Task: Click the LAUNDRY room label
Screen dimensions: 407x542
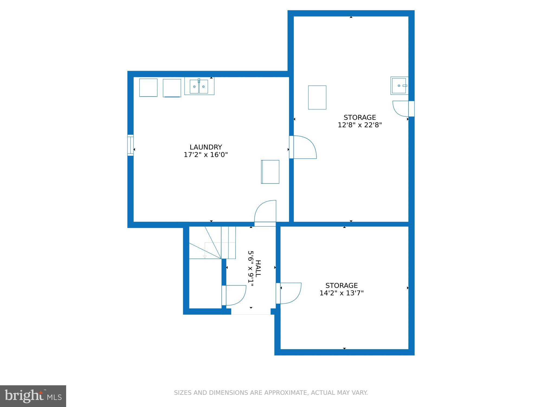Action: coord(206,147)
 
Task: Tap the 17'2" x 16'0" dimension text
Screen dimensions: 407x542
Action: coord(206,155)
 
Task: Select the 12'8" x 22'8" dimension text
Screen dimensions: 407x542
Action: coord(360,125)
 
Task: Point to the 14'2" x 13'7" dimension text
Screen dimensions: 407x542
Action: coord(341,293)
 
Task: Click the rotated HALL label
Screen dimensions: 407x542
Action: coord(258,269)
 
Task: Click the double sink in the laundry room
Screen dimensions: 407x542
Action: coord(199,86)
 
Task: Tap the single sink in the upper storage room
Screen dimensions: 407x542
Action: coord(399,86)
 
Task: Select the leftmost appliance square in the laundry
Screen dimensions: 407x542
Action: coord(148,88)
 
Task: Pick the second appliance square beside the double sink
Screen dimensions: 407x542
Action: coord(172,88)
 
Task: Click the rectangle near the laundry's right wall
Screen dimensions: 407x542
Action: coord(270,172)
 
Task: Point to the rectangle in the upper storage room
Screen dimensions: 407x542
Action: coord(317,97)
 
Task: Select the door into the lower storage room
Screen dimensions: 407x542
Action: coord(289,293)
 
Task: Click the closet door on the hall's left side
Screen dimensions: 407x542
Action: coord(234,295)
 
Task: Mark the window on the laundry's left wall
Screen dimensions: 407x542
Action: coord(130,145)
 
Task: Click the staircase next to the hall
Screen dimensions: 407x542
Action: coord(212,243)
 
